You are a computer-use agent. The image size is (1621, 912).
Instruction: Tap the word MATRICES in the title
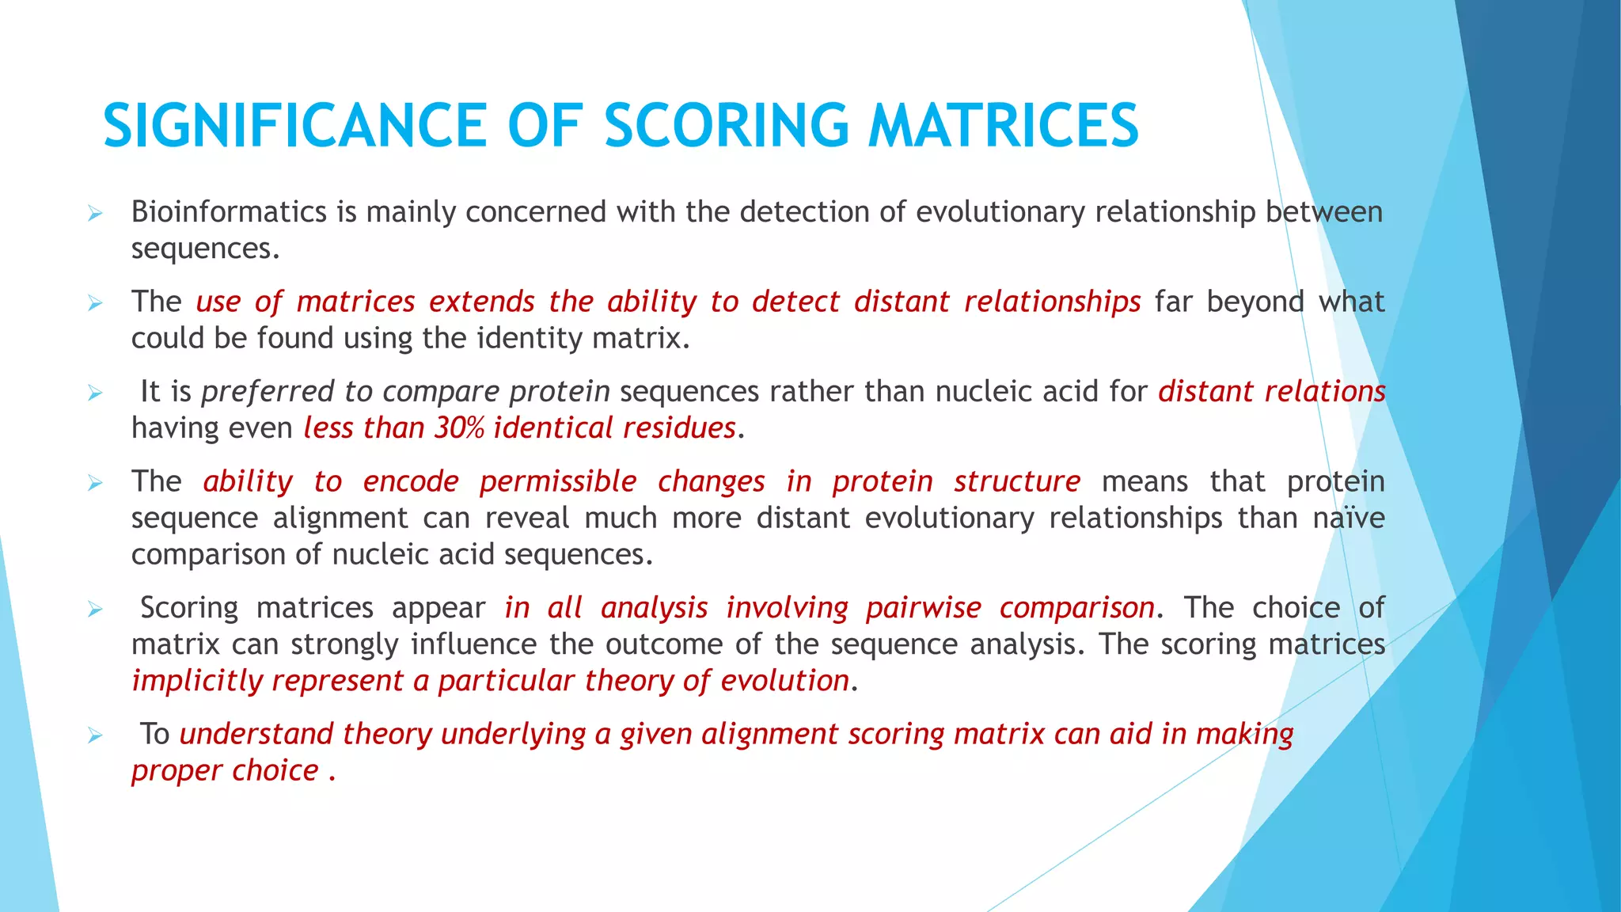(x=1003, y=125)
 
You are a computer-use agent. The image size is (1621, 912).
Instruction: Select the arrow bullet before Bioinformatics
(x=95, y=213)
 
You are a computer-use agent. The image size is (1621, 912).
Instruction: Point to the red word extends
(x=482, y=302)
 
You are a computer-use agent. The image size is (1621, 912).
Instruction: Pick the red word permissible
(x=558, y=481)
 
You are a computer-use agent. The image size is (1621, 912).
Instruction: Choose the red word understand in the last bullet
(x=256, y=734)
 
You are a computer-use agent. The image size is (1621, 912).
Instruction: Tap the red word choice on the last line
(x=275, y=770)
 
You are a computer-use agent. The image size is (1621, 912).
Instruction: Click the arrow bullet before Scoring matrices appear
(x=95, y=609)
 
